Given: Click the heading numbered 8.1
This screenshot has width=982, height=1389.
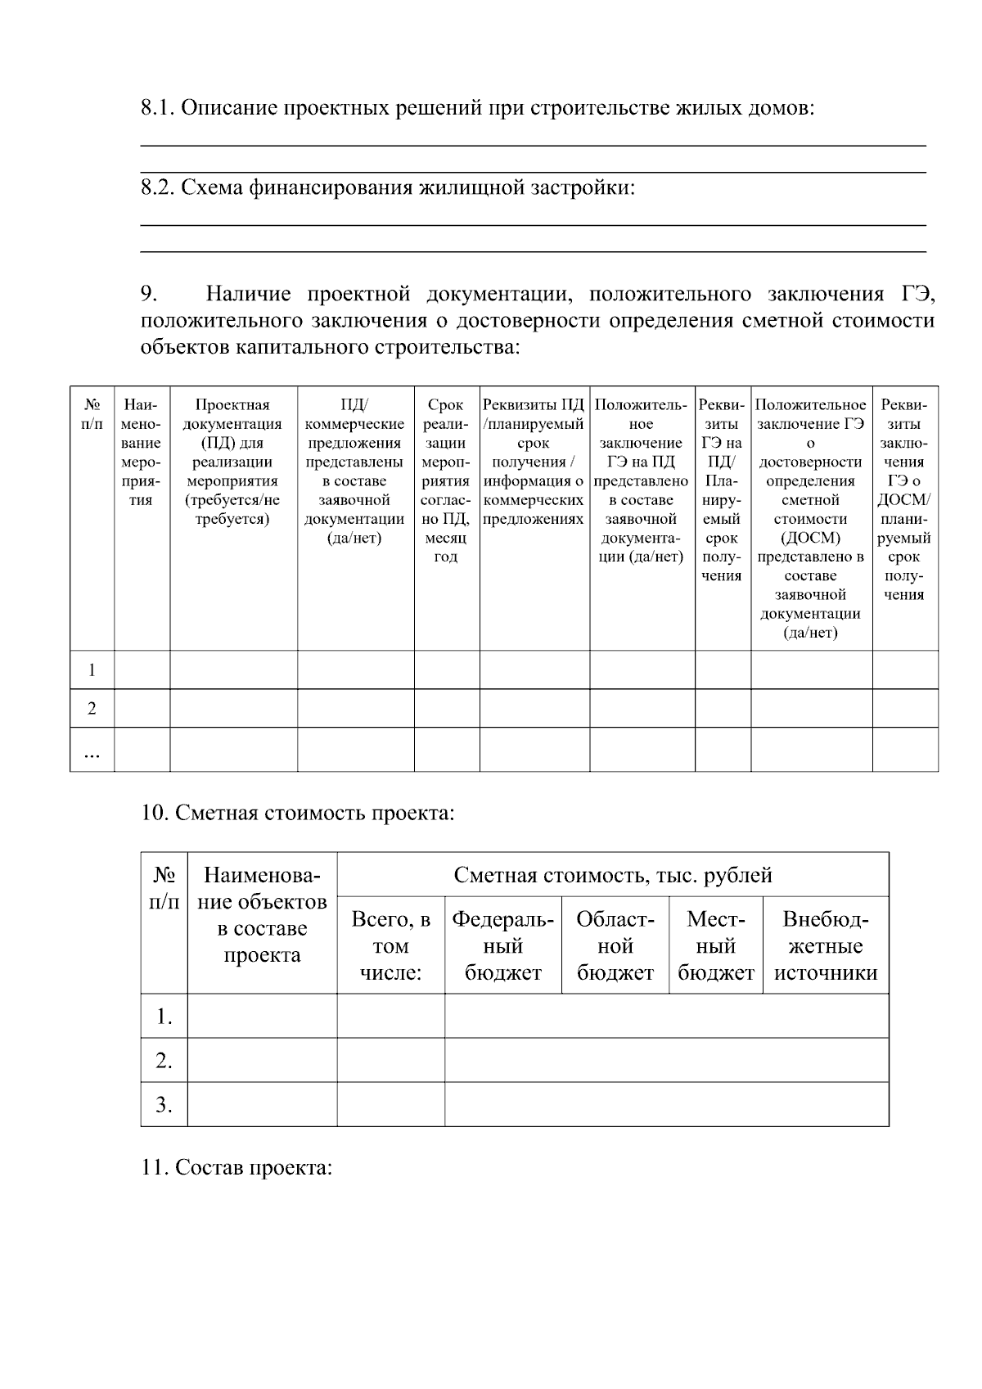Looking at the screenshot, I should click(x=477, y=108).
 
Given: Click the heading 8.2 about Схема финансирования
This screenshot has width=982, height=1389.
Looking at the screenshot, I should click(x=388, y=187).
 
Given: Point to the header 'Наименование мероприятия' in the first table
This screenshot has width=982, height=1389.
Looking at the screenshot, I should click(x=142, y=452).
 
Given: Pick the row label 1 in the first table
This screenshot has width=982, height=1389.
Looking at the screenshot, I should click(x=92, y=670).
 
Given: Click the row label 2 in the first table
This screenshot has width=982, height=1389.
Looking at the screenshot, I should click(x=92, y=708).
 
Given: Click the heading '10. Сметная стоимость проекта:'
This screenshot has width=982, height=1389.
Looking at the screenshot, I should click(x=298, y=814).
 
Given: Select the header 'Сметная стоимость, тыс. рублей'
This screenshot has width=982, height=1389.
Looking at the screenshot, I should click(x=612, y=875).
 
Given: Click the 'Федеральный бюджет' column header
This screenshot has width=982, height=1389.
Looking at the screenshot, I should click(x=502, y=945).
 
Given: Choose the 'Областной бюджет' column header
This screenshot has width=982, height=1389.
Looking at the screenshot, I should click(x=615, y=945).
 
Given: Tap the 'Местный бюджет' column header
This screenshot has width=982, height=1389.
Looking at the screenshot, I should click(x=715, y=945).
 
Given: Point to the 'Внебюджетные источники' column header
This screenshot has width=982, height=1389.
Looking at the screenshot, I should click(x=825, y=945).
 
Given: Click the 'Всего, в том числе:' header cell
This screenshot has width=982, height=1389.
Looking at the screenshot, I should click(x=390, y=945).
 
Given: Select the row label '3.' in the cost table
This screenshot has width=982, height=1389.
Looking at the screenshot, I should click(x=164, y=1105).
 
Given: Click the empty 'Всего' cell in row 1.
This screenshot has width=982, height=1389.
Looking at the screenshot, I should click(x=390, y=1017).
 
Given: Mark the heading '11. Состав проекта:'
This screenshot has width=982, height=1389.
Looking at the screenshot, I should click(x=236, y=1167).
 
